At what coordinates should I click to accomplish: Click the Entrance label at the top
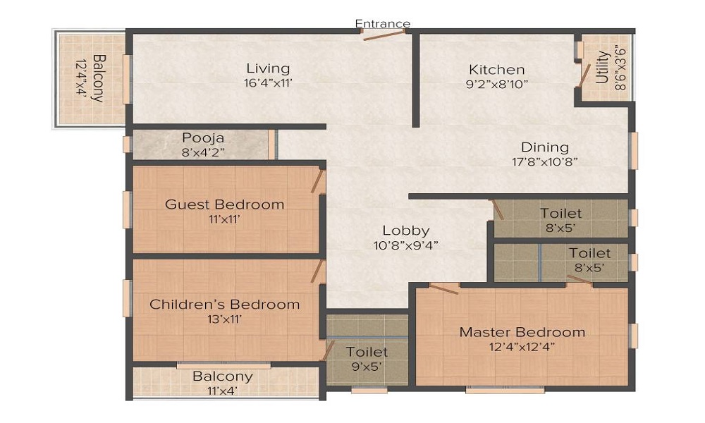pyautogui.click(x=382, y=23)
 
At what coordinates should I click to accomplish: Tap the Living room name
pyautogui.click(x=268, y=68)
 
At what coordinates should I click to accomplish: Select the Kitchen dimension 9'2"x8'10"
pyautogui.click(x=498, y=83)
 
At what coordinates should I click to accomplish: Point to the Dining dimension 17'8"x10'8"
pyautogui.click(x=544, y=161)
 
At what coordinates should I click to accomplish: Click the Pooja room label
pyautogui.click(x=203, y=137)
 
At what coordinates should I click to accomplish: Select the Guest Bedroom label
pyautogui.click(x=224, y=204)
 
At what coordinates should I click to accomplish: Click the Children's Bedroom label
pyautogui.click(x=224, y=305)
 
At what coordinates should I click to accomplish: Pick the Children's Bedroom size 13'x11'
pyautogui.click(x=224, y=319)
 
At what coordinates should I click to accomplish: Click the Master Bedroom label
pyautogui.click(x=522, y=331)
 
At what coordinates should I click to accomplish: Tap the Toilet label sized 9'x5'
pyautogui.click(x=366, y=351)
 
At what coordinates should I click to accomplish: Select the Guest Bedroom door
pyautogui.click(x=318, y=180)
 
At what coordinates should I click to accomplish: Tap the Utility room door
pyautogui.click(x=583, y=74)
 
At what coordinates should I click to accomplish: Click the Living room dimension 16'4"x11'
pyautogui.click(x=268, y=82)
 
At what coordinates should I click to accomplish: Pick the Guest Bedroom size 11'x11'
pyautogui.click(x=224, y=219)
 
